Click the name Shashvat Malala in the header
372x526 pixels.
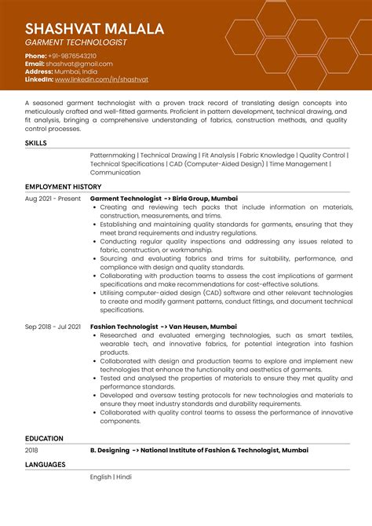pyautogui.click(x=94, y=29)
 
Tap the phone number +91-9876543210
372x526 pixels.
pyautogui.click(x=73, y=57)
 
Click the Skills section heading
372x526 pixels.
pyautogui.click(x=36, y=144)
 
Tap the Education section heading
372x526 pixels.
pyautogui.click(x=44, y=438)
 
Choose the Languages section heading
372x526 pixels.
pyautogui.click(x=46, y=464)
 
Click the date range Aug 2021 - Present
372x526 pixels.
pyautogui.click(x=53, y=199)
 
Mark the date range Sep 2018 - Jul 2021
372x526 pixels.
pyautogui.click(x=53, y=326)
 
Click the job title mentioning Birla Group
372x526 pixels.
pyautogui.click(x=164, y=199)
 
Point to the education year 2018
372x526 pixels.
pyautogui.click(x=31, y=451)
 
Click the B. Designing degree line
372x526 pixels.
pyautogui.click(x=199, y=451)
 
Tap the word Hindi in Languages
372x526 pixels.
pyautogui.click(x=124, y=477)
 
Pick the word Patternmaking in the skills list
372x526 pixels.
pyautogui.click(x=111, y=155)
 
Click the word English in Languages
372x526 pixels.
pyautogui.click(x=100, y=477)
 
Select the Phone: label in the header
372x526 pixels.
pyautogui.click(x=35, y=57)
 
